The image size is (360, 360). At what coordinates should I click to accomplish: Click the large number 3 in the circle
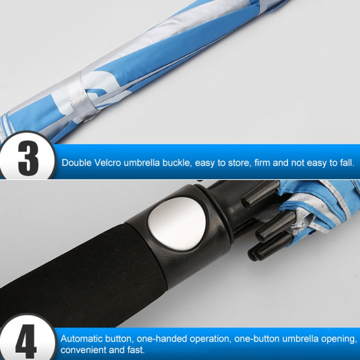point(28,158)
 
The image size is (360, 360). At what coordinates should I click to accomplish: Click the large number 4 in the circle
point(26,342)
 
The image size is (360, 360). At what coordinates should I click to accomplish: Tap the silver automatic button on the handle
point(177,223)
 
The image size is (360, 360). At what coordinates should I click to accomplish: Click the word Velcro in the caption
point(108,163)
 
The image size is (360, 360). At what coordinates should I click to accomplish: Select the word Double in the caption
point(77,163)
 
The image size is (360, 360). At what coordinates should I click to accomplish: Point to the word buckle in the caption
point(177,163)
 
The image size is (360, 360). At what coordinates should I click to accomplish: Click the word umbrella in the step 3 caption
point(142,163)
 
